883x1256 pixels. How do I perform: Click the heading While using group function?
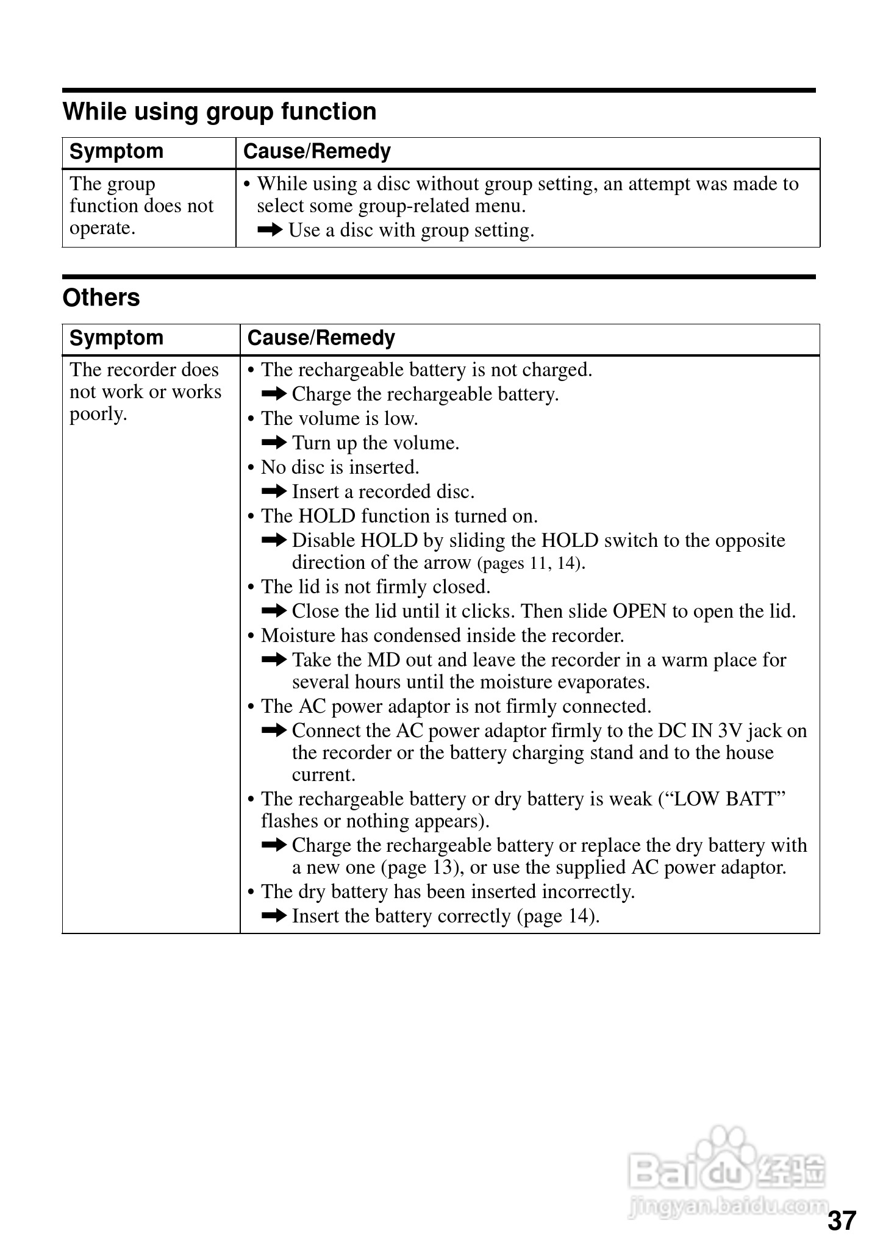pos(220,112)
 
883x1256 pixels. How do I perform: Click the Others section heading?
pos(101,298)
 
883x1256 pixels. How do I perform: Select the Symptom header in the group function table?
pos(116,151)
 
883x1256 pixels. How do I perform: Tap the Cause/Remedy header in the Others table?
pos(321,338)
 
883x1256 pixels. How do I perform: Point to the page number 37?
pos(842,1221)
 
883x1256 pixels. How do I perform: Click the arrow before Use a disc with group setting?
pos(270,230)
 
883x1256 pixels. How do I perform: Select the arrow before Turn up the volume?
pos(274,442)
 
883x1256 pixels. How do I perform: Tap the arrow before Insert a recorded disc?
pos(274,491)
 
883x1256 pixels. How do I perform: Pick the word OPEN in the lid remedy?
pos(639,611)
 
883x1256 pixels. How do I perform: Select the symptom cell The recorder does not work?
pos(145,391)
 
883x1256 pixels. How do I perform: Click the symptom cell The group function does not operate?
pos(141,205)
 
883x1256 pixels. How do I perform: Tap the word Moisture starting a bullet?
pos(298,635)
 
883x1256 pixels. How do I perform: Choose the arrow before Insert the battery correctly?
pos(274,915)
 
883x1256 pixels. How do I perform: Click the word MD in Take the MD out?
pos(381,660)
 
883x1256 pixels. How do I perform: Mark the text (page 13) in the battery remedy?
pos(423,867)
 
